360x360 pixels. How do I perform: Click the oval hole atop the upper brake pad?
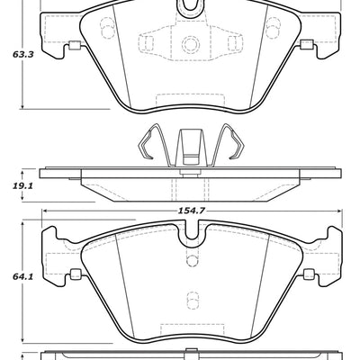(188, 7)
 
